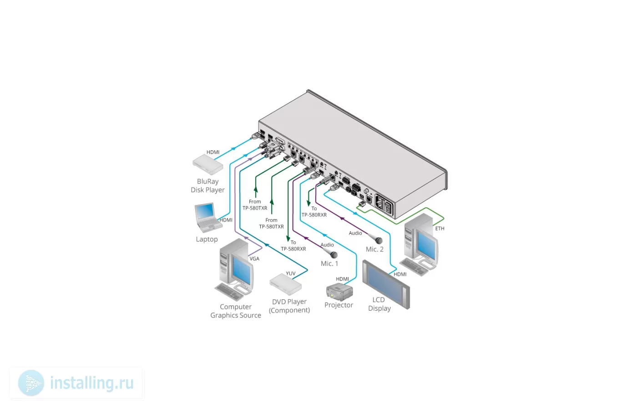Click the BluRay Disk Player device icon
click(207, 164)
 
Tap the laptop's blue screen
click(205, 210)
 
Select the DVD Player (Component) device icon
click(286, 284)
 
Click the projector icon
click(339, 292)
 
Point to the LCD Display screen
click(386, 284)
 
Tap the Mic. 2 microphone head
click(379, 241)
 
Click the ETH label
click(440, 228)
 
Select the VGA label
click(254, 259)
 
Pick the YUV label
click(291, 273)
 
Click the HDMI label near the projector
click(342, 279)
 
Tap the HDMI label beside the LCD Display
click(400, 274)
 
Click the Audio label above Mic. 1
click(327, 245)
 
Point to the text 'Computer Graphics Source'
click(236, 311)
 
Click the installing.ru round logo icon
click(31, 383)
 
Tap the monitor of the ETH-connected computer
click(427, 245)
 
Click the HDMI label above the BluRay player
click(213, 152)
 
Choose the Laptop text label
click(207, 239)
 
